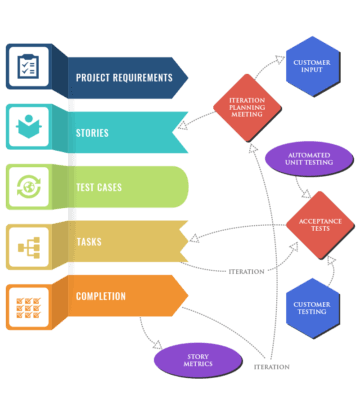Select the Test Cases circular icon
(28, 187)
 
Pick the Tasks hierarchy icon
(28, 244)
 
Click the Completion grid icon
(28, 301)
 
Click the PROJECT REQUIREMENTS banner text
(123, 77)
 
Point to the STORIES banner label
(93, 131)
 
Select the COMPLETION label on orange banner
(101, 296)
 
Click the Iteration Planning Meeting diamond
(247, 107)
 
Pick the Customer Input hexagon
(311, 65)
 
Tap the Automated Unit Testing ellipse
(309, 160)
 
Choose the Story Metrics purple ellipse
(198, 360)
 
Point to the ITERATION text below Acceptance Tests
(246, 271)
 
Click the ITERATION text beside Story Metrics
(271, 367)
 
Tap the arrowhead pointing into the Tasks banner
(193, 238)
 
